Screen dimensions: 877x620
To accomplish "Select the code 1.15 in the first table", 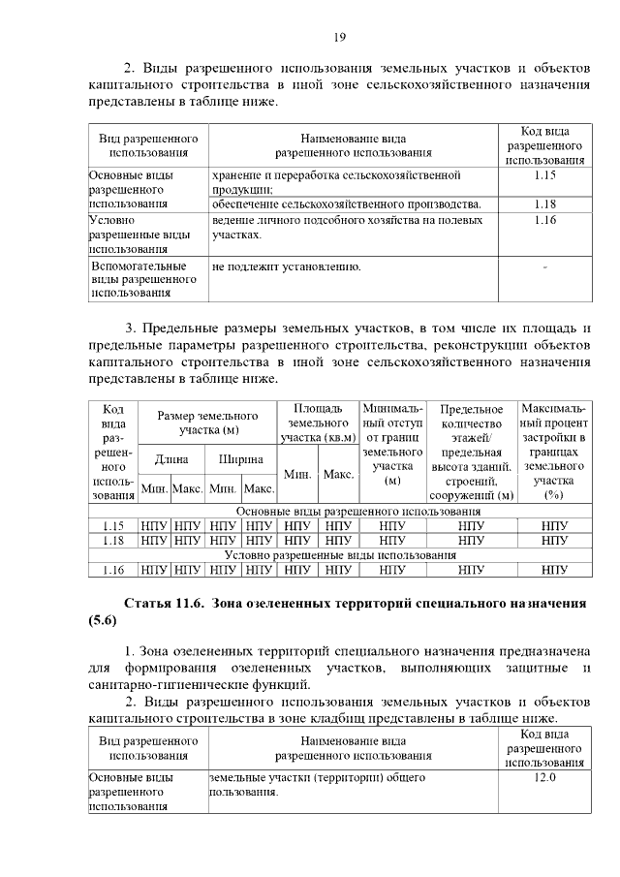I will pyautogui.click(x=544, y=175).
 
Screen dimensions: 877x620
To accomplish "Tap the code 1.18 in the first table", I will pyautogui.click(x=544, y=204).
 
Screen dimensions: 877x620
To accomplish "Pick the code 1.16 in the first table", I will pyautogui.click(x=544, y=221).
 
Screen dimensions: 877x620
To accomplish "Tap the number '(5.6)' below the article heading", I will pyautogui.click(x=104, y=620).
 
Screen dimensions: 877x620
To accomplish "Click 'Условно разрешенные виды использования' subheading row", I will pyautogui.click(x=340, y=555).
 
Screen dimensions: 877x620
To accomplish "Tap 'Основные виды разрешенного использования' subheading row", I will pyautogui.click(x=340, y=511).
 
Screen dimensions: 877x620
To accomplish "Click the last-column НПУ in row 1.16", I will pyautogui.click(x=554, y=570).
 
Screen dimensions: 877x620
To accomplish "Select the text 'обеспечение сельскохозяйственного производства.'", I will pyautogui.click(x=346, y=204).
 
